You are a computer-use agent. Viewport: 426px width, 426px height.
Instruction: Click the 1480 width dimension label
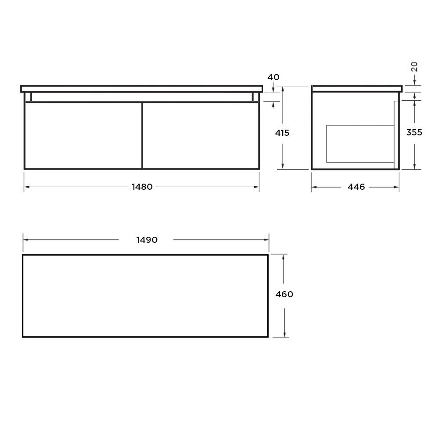[142, 187]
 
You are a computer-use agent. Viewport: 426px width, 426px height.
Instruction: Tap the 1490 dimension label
[147, 240]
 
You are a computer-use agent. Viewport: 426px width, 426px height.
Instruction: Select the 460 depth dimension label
[284, 294]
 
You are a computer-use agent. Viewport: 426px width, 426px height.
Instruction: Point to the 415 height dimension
[282, 133]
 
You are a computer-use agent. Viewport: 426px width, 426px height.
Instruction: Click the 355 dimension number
[414, 132]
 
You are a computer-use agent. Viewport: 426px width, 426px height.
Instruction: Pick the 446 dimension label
[356, 187]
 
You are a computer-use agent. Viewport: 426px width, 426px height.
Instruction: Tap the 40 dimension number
[273, 77]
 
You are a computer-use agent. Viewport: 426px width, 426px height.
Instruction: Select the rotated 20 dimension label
[414, 67]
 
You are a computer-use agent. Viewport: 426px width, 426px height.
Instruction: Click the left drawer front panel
[83, 135]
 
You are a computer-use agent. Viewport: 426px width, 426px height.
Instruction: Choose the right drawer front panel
[201, 135]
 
